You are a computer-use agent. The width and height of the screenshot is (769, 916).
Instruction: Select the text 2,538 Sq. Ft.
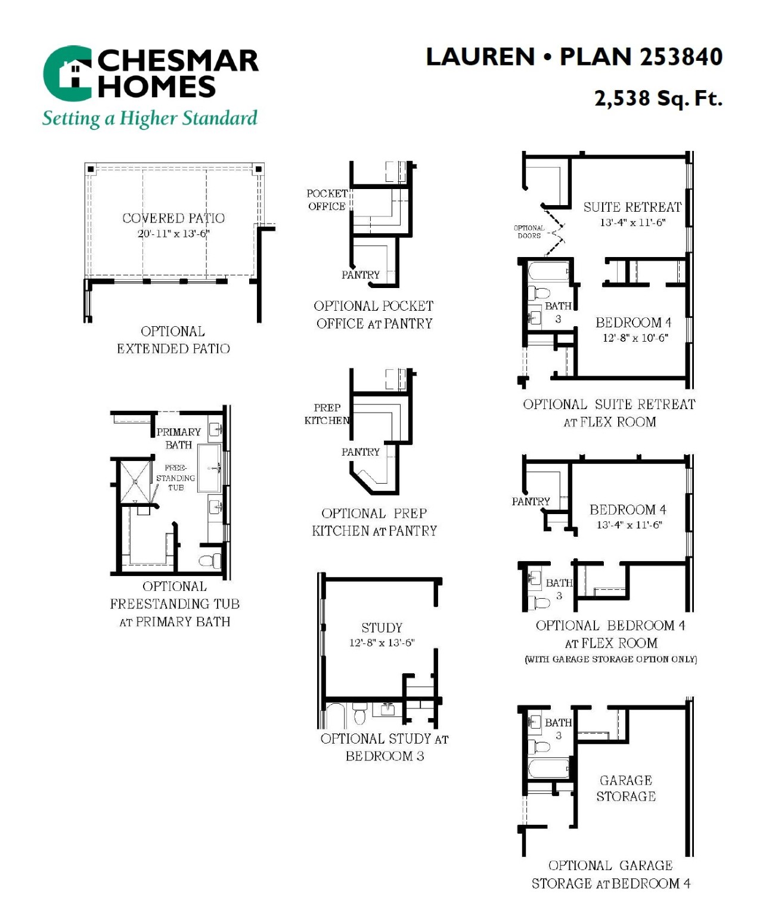658,98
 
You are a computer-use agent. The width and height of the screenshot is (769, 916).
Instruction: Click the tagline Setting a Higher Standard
150,119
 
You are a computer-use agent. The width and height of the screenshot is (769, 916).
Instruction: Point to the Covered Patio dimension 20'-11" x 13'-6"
173,233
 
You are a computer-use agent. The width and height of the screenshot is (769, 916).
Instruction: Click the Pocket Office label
327,200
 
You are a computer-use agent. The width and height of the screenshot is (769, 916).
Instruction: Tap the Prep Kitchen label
327,414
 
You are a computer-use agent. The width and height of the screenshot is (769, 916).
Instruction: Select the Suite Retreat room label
632,207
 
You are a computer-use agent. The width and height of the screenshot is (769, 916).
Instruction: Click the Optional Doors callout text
529,231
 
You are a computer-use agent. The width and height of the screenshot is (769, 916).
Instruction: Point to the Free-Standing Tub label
175,478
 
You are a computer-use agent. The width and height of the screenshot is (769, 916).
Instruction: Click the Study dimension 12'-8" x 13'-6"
382,643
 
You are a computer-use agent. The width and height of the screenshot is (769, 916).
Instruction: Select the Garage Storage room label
626,788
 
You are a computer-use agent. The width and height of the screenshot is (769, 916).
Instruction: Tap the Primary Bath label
179,438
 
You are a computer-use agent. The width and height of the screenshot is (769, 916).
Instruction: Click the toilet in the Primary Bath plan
210,561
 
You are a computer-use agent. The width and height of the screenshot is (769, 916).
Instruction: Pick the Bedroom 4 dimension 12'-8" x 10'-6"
635,338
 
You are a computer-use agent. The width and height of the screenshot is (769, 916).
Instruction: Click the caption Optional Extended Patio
173,340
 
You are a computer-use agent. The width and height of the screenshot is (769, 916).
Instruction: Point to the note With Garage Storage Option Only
610,671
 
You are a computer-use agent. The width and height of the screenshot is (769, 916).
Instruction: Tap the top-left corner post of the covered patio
91,169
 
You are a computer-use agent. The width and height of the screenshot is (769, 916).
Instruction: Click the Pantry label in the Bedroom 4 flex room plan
531,501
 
